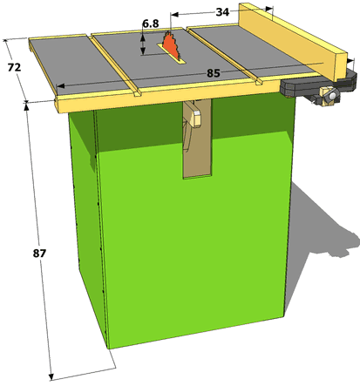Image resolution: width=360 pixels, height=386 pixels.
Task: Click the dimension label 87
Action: tap(39, 254)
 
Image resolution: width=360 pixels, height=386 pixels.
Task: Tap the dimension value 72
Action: tap(14, 67)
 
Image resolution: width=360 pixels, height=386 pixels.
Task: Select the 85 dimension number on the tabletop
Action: tap(214, 73)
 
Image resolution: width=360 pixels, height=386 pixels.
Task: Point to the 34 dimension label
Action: tap(222, 12)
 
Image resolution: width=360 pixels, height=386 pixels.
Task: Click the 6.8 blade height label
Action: tap(151, 24)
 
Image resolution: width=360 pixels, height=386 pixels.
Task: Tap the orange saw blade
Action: tap(171, 45)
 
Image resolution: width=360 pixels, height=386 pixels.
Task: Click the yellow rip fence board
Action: tap(294, 41)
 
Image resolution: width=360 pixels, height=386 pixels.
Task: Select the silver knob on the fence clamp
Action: tap(332, 95)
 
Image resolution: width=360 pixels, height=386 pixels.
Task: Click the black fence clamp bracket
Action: tap(318, 85)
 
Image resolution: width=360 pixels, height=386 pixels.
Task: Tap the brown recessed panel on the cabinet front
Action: tap(197, 139)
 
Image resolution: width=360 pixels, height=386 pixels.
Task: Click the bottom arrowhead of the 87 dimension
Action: tap(51, 376)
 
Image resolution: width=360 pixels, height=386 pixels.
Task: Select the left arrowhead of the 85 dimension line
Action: tap(60, 86)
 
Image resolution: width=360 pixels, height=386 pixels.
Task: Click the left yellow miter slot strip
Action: tap(115, 66)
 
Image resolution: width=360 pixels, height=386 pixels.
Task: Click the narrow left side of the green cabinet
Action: tap(87, 227)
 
